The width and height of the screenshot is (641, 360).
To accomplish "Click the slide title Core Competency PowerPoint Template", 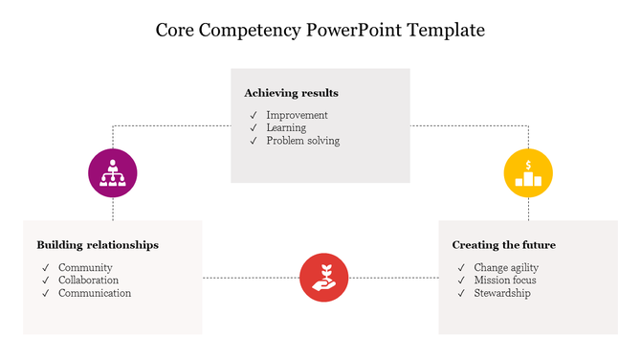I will (x=320, y=31).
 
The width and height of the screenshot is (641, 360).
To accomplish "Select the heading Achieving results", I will (x=291, y=93).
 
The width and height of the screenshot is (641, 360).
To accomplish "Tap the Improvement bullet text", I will (x=297, y=115).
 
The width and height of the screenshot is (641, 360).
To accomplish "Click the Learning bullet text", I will (x=286, y=127).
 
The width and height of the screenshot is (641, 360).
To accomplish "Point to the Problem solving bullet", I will (x=302, y=141).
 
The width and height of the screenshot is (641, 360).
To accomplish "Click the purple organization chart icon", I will (x=113, y=173).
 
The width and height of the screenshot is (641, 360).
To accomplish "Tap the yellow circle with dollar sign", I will (x=528, y=173).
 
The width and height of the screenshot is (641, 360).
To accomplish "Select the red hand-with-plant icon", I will (x=323, y=278).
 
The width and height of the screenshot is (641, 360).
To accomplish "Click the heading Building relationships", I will (x=98, y=245).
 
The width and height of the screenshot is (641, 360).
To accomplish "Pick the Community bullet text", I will (x=85, y=267).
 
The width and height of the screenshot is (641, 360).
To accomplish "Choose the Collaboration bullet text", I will (x=88, y=281).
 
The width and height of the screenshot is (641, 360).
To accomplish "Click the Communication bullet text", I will (x=94, y=293).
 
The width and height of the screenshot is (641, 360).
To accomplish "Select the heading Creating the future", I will (x=503, y=245).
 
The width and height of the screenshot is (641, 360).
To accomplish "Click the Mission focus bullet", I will (x=504, y=281).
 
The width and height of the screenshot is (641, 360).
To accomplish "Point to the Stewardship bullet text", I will (x=501, y=293).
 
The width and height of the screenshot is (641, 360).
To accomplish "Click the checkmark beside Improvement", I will (x=254, y=115).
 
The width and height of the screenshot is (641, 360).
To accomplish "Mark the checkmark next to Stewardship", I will (x=461, y=293).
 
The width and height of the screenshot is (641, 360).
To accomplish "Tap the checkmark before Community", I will (x=45, y=267).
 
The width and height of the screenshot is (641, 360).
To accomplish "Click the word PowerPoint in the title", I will (x=355, y=31).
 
